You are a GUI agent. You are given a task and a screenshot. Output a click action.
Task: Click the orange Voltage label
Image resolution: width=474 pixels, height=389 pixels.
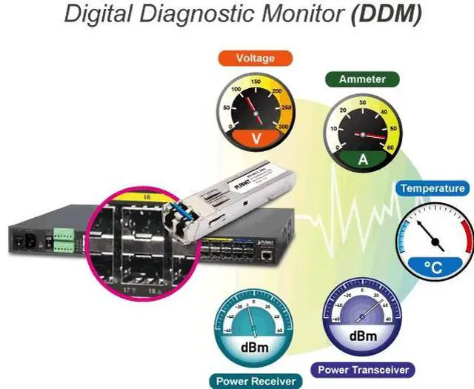tap(255, 58)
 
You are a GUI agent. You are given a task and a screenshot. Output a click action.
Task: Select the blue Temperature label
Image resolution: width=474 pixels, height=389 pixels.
tap(433, 188)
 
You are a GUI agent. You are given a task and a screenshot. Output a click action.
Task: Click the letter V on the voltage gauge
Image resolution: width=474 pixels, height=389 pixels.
tap(256, 138)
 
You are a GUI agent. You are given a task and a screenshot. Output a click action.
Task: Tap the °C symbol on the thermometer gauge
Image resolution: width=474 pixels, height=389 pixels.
tap(434, 267)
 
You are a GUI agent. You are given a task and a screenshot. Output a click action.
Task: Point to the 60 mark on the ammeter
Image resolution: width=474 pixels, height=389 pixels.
tap(389, 148)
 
